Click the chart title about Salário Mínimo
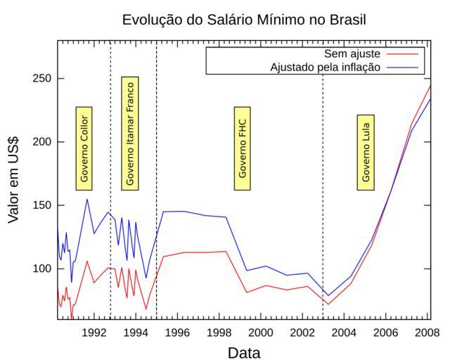point(244,19)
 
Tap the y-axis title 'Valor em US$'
point(13,180)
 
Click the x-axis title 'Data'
point(243,352)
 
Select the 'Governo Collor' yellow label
point(84,148)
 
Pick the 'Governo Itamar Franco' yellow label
point(129,133)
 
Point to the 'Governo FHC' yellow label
point(243,148)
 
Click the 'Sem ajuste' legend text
point(352,54)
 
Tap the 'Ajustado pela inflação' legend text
point(325,67)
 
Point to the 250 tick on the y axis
point(44,78)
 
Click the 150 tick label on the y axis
point(44,205)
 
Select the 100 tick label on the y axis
point(44,269)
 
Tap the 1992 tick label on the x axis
point(94,331)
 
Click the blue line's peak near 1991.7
point(87,199)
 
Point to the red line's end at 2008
point(430,86)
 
